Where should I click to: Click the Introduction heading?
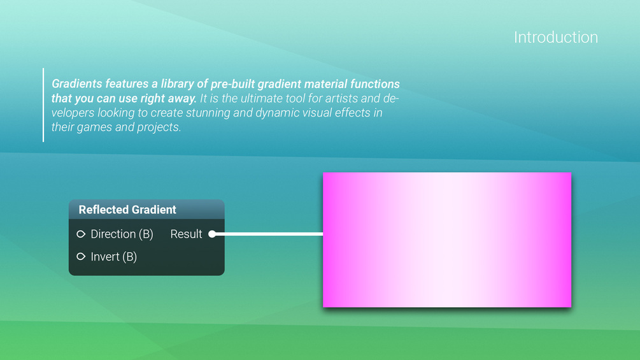click(x=556, y=37)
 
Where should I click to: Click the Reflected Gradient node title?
click(x=127, y=210)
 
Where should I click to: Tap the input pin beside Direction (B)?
click(x=81, y=234)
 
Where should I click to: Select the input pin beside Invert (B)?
click(x=81, y=256)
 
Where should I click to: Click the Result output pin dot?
click(x=212, y=234)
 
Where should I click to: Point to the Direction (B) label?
click(x=122, y=234)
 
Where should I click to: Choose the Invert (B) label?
click(x=113, y=257)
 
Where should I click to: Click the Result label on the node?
click(x=186, y=234)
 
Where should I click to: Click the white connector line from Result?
click(x=267, y=234)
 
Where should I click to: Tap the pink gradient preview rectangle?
click(x=447, y=240)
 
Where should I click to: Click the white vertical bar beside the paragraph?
click(x=43, y=105)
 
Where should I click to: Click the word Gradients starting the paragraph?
click(x=76, y=83)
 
